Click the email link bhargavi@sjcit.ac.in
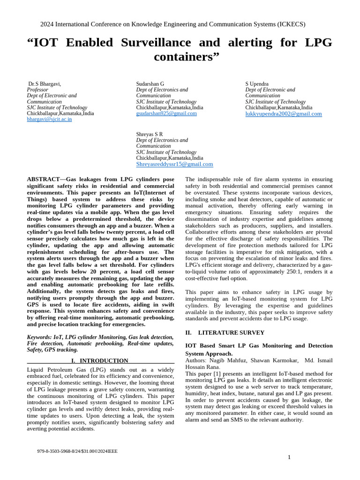pos(49,120)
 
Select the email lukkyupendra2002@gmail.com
pos(284,113)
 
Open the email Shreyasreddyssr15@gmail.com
pos(174,164)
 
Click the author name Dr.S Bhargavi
pos(45,83)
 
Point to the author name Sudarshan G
pos(150,83)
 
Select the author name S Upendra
pos(258,83)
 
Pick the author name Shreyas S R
pos(150,134)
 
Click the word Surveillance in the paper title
pos(155,43)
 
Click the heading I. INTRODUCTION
pos(99,360)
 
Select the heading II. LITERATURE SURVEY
pos(225,332)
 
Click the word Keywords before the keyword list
pos(39,337)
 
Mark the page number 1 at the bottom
pos(289,457)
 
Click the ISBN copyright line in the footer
pos(77,451)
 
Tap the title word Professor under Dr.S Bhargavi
pos(37,90)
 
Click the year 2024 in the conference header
pos(48,24)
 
